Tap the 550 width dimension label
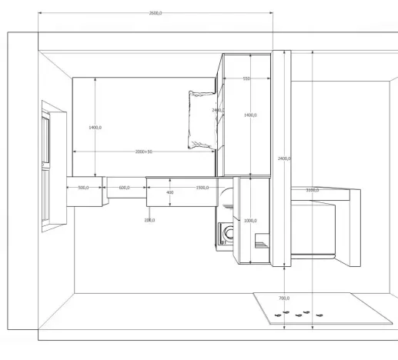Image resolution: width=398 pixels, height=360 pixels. (x=246, y=78)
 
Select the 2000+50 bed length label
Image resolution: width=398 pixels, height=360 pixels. (x=144, y=152)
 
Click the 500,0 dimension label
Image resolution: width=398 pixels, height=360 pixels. (x=82, y=187)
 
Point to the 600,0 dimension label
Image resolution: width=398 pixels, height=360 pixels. (x=124, y=187)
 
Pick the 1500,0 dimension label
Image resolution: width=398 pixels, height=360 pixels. (x=202, y=187)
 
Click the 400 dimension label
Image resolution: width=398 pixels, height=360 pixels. (x=170, y=192)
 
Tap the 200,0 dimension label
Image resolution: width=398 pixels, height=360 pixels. (x=149, y=220)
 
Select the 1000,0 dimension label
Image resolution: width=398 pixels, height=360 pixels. (x=249, y=221)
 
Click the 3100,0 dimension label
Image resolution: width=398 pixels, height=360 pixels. (x=312, y=189)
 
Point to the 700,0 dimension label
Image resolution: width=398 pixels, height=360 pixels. (x=283, y=297)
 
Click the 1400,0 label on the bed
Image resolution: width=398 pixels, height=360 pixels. (x=95, y=127)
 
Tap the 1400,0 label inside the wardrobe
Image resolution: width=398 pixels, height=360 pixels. (x=249, y=115)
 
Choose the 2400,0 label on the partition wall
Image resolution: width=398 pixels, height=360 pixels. (x=283, y=158)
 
